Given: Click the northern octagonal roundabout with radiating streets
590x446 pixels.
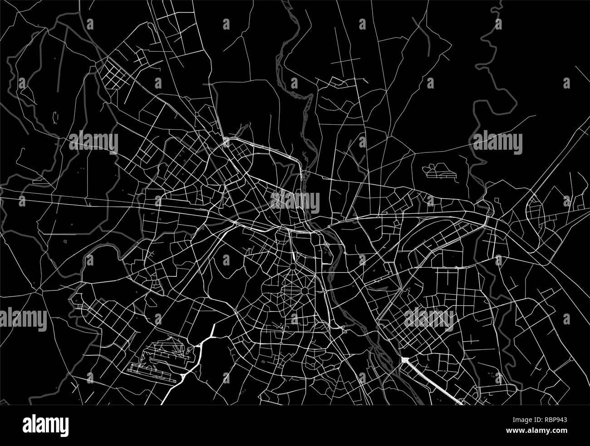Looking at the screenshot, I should [294, 265].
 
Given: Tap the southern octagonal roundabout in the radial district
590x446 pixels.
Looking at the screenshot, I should [303, 289].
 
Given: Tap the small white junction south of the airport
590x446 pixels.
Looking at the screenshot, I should [182, 377].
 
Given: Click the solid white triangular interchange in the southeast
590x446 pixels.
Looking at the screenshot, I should [403, 361].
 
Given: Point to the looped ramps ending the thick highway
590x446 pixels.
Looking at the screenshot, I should [459, 401].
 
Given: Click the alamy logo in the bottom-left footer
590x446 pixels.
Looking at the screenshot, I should [46, 425].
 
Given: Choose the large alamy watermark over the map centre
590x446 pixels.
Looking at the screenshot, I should [295, 201].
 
